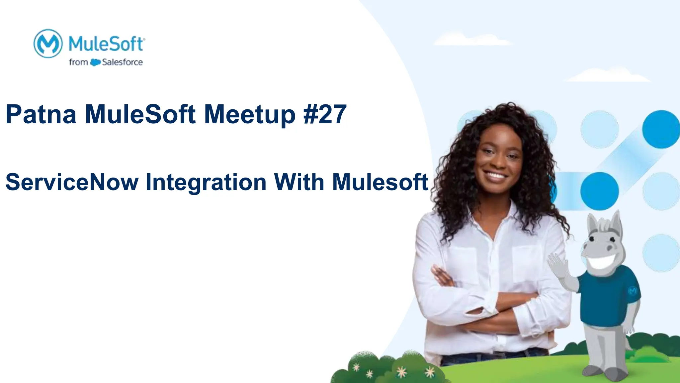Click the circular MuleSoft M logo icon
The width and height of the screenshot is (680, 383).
[48, 44]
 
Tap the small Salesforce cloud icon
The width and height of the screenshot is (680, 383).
[95, 62]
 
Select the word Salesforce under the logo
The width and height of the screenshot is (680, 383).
[122, 62]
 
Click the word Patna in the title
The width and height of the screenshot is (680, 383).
[41, 114]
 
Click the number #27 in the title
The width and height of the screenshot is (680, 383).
[325, 114]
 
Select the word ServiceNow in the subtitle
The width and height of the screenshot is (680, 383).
[72, 182]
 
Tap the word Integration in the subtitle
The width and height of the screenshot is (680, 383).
[206, 183]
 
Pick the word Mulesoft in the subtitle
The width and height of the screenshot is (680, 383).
[380, 182]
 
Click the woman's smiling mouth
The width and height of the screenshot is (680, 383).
[495, 175]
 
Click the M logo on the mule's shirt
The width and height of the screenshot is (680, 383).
[633, 290]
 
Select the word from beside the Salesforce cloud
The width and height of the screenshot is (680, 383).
[78, 62]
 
